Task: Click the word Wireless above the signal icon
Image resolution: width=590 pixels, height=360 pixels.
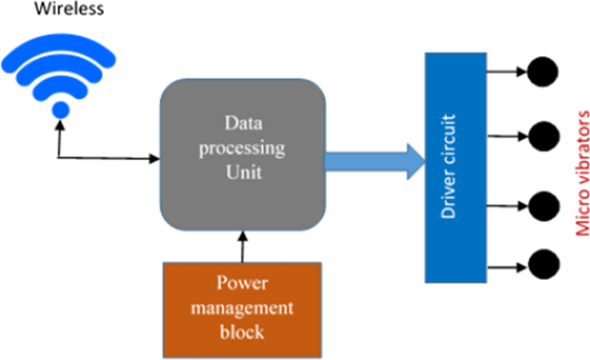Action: (x=69, y=9)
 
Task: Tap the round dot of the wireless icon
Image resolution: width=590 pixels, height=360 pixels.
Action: (x=60, y=110)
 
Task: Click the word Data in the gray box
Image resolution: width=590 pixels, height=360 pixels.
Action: (x=244, y=123)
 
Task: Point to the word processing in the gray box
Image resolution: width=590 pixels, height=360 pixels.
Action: (x=242, y=148)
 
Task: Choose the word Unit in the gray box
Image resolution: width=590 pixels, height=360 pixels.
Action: (x=244, y=172)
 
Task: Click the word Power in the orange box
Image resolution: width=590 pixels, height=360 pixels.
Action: (x=242, y=282)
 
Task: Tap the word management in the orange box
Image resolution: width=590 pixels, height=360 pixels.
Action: (x=242, y=308)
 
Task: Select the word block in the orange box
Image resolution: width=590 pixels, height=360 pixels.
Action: (x=242, y=332)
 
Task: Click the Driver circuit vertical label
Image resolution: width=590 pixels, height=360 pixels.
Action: (x=448, y=166)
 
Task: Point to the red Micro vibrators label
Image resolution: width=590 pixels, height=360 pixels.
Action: (x=582, y=173)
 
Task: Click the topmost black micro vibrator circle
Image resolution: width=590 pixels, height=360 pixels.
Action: (x=543, y=71)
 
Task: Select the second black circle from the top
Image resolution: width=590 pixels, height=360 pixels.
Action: (x=543, y=136)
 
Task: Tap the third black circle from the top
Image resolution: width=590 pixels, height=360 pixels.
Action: (x=543, y=206)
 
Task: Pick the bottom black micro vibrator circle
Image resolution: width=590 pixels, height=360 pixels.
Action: (x=543, y=264)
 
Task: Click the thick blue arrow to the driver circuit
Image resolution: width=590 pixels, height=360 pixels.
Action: (x=376, y=162)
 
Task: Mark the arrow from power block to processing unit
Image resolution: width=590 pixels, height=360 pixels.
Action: (x=243, y=247)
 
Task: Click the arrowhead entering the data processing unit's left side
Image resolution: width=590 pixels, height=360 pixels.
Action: (x=155, y=158)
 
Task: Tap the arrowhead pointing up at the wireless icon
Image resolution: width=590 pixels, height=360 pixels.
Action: (x=59, y=125)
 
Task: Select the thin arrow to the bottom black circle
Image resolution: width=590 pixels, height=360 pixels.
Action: (x=507, y=268)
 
